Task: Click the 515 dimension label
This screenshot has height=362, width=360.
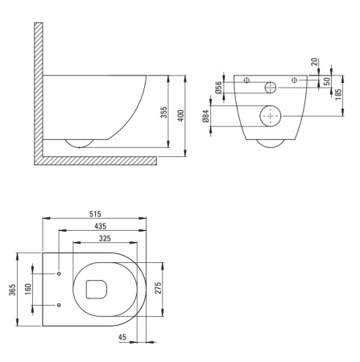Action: [x=95, y=214]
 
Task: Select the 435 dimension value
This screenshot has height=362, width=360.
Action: [x=101, y=226]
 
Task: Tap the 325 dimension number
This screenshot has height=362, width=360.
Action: [x=105, y=238]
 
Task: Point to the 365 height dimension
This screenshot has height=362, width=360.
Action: [x=13, y=290]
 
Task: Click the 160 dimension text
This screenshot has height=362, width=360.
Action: [x=28, y=289]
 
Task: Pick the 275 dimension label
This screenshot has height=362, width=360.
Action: [x=158, y=288]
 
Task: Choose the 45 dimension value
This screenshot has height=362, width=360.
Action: [x=122, y=337]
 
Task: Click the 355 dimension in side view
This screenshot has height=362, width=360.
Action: [x=163, y=113]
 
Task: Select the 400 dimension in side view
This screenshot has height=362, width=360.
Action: [x=181, y=116]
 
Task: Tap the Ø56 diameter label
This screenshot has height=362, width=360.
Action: [x=219, y=87]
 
